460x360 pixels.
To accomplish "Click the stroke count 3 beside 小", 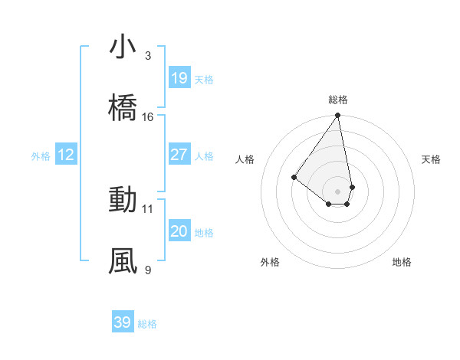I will (148, 55).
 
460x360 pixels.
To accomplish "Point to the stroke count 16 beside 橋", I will (148, 116).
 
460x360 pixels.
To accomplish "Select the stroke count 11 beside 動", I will (148, 208).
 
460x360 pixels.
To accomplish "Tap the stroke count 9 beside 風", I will (148, 270).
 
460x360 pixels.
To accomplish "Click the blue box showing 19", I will (179, 78).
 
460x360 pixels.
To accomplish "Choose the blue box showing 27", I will (179, 155).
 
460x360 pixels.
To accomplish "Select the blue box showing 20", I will (179, 231).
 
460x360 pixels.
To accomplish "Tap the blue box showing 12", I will (66, 155).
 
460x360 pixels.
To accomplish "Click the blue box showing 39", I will (123, 322).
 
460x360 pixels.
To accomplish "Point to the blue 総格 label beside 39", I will (147, 324).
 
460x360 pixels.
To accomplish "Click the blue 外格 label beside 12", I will (41, 156).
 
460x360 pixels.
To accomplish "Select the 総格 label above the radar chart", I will (338, 100).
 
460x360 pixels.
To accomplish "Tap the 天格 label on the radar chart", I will (431, 159).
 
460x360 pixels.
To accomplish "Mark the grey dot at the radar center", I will (338, 191).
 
